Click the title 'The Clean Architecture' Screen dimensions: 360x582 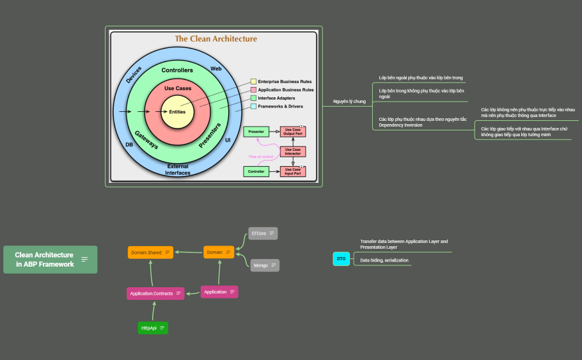click(216, 39)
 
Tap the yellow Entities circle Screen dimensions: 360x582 click(177, 112)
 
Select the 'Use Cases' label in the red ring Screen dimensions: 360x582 click(177, 88)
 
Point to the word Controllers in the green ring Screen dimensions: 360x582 click(177, 70)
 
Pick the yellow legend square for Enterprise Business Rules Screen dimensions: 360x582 click(253, 82)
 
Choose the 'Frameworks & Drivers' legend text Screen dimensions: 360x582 click(281, 106)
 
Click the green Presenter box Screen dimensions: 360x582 click(256, 132)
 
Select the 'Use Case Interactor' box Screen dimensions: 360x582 click(293, 152)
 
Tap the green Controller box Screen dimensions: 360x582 click(256, 171)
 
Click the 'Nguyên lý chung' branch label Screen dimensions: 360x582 click(349, 102)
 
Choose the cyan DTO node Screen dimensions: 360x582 click(342, 259)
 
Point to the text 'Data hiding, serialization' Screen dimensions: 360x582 click(384, 260)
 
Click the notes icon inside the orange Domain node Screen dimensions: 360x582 click(228, 253)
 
